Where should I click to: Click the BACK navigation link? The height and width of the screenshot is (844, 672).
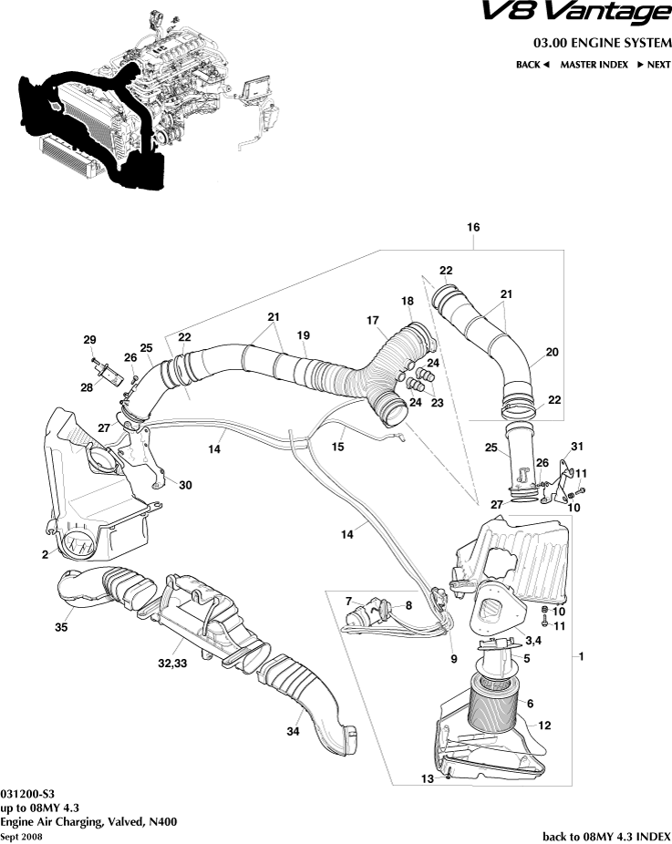[x=532, y=65]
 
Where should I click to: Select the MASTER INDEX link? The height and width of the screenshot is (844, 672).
[x=594, y=65]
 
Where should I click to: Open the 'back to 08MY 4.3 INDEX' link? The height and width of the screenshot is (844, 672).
[x=606, y=836]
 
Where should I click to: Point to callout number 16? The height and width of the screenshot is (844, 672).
[x=472, y=227]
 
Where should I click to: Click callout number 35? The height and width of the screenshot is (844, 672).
[x=62, y=627]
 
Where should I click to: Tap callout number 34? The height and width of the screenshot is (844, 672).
[x=294, y=731]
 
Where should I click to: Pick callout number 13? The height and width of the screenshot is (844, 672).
[x=426, y=778]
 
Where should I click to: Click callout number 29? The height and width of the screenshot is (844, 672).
[x=89, y=340]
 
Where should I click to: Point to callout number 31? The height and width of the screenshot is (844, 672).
[x=575, y=446]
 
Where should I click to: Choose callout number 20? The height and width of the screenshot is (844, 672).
[x=553, y=352]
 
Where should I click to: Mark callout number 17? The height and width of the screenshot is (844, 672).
[x=373, y=320]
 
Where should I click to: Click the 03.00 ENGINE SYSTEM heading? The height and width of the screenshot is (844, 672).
[x=603, y=43]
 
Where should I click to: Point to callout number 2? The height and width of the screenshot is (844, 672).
[x=44, y=553]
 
